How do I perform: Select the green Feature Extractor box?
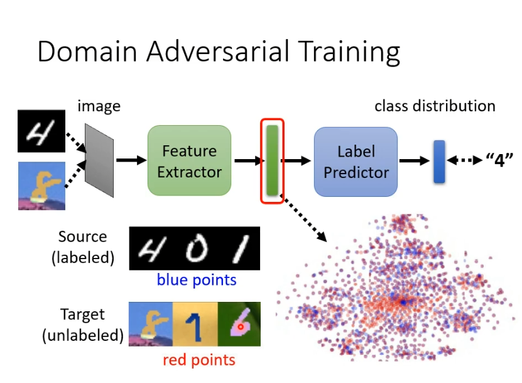[x=189, y=161]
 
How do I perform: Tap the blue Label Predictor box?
[x=356, y=161]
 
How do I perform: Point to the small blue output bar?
[x=438, y=162]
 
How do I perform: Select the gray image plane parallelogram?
[x=99, y=160]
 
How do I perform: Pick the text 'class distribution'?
[x=435, y=106]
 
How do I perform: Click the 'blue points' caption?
[x=197, y=279]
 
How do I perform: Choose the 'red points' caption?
[x=198, y=360]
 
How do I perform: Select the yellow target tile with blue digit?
[x=195, y=325]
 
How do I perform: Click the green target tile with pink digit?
[x=238, y=325]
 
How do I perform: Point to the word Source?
[x=83, y=237]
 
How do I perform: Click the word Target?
[x=83, y=314]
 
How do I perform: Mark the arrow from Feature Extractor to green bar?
[x=246, y=161]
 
